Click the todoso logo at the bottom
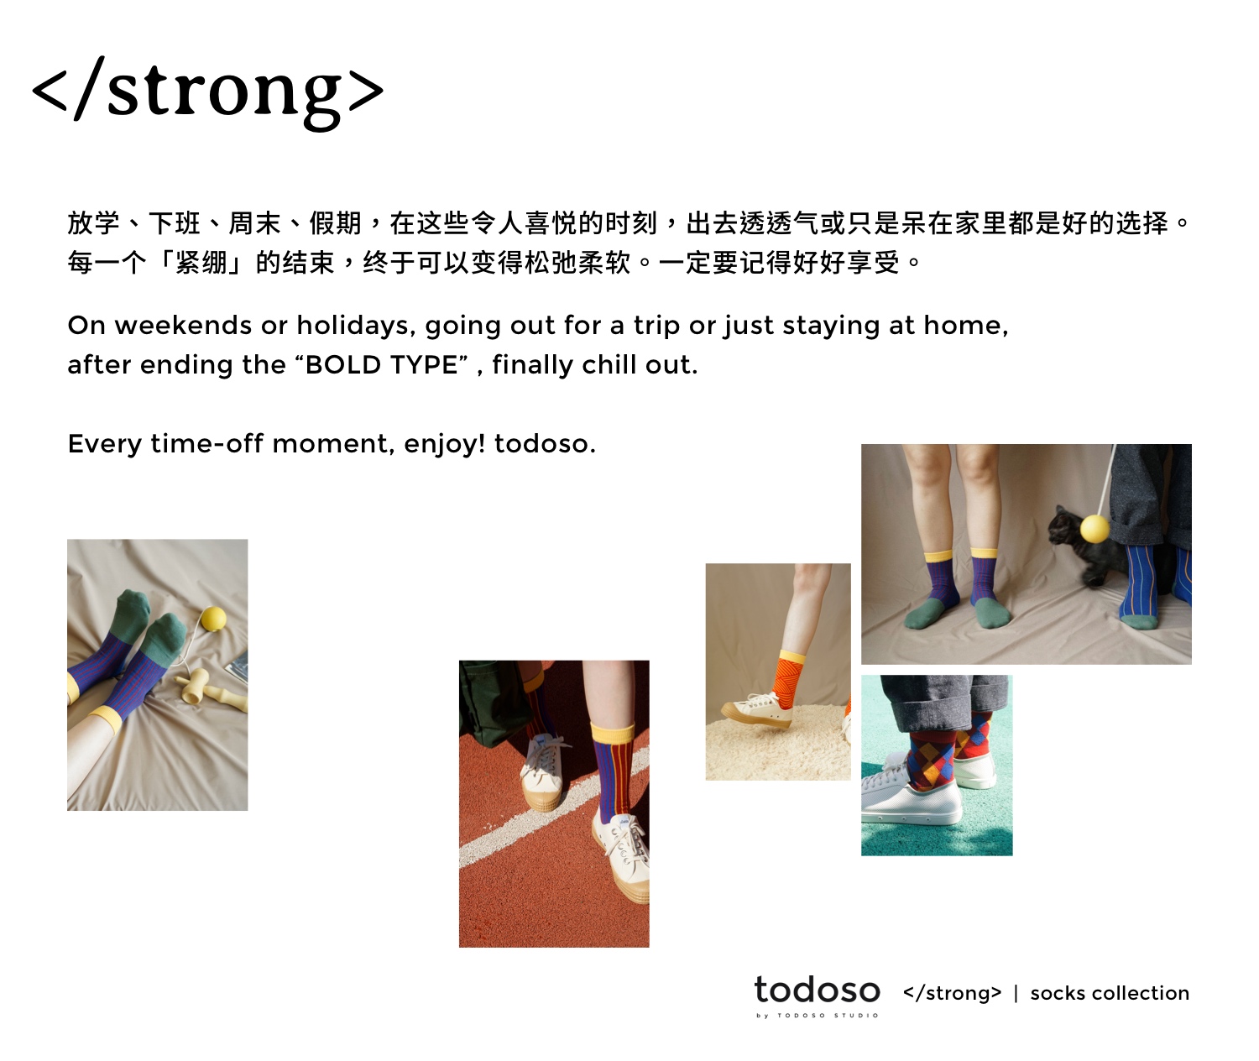pyautogui.click(x=817, y=990)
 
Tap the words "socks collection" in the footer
pyautogui.click(x=1110, y=993)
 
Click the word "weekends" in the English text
pyautogui.click(x=183, y=326)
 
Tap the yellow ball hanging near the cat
pyautogui.click(x=1094, y=529)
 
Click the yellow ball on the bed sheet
pyautogui.click(x=212, y=619)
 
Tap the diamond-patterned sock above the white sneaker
pyautogui.click(x=932, y=760)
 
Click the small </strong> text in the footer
pyautogui.click(x=952, y=993)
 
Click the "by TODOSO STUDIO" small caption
pyautogui.click(x=817, y=1015)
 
